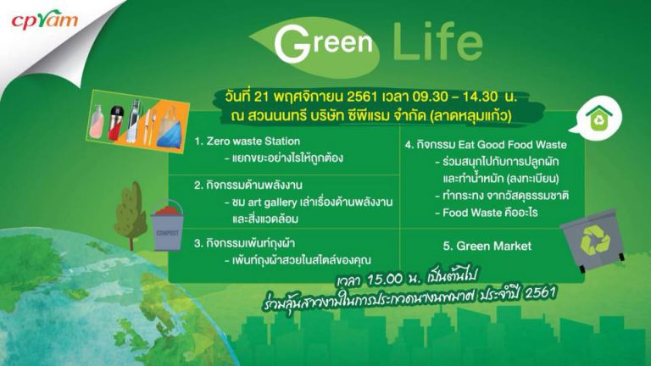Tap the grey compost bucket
point(168,226)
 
